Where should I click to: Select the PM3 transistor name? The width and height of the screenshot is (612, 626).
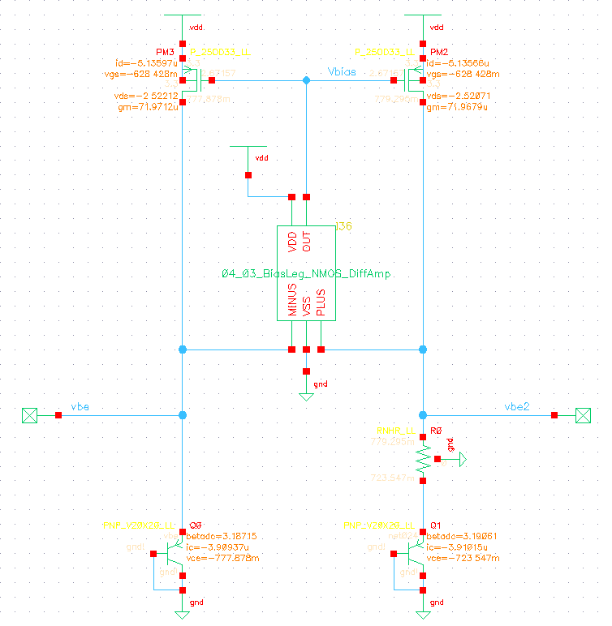(166, 50)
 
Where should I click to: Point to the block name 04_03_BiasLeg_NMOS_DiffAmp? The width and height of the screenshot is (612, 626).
(306, 274)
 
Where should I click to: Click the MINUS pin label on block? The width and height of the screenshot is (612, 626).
(292, 300)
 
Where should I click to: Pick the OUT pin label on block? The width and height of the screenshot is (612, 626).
(306, 242)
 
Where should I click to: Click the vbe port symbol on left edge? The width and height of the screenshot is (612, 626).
(29, 415)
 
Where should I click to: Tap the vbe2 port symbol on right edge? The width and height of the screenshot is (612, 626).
(583, 415)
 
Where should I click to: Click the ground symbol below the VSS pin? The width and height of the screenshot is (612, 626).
(306, 396)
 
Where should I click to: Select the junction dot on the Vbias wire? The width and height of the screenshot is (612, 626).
(306, 81)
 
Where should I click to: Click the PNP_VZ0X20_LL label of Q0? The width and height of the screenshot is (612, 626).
(140, 525)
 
